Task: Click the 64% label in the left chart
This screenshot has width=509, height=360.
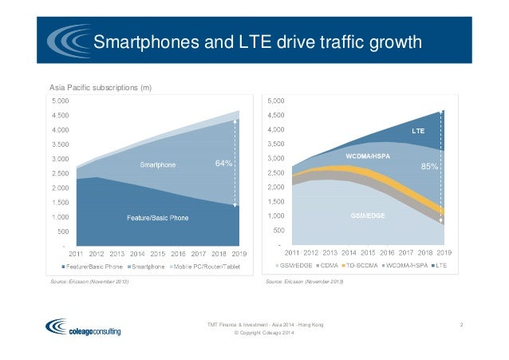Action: [x=223, y=164]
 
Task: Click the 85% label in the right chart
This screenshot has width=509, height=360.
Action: [x=429, y=168]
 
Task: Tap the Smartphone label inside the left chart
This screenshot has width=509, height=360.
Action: [x=159, y=165]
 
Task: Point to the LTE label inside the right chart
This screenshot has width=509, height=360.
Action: [x=417, y=130]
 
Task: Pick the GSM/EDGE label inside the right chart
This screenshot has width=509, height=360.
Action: [x=368, y=216]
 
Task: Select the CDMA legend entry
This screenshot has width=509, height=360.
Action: [x=326, y=265]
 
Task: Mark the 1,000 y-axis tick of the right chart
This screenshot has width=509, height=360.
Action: [x=276, y=216]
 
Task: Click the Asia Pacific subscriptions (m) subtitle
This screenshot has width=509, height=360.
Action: [x=101, y=86]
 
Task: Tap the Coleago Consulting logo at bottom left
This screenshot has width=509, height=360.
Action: [x=84, y=326]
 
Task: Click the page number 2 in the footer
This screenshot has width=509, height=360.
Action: [x=463, y=324]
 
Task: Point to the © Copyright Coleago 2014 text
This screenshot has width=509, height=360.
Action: [x=265, y=333]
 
